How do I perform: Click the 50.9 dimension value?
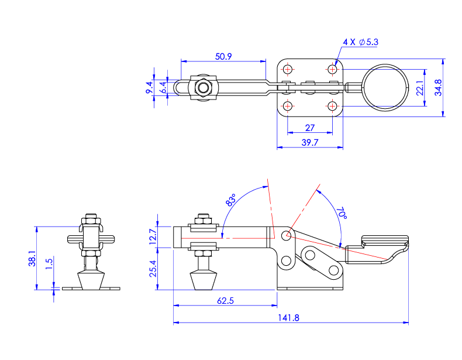[224, 57]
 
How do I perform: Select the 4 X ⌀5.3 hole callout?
[361, 42]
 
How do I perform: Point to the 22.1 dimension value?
[419, 88]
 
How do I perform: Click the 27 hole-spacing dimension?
[310, 128]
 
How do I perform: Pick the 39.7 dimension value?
[309, 142]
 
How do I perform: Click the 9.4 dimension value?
[149, 88]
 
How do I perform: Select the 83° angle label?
[230, 200]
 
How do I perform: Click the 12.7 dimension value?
[153, 236]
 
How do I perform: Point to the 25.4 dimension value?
[153, 269]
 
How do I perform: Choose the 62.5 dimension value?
[225, 300]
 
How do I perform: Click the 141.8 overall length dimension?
[290, 317]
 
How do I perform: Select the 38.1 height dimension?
[32, 258]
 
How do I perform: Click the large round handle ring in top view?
[384, 87]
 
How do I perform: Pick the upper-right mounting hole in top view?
[333, 70]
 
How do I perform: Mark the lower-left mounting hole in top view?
[287, 107]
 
